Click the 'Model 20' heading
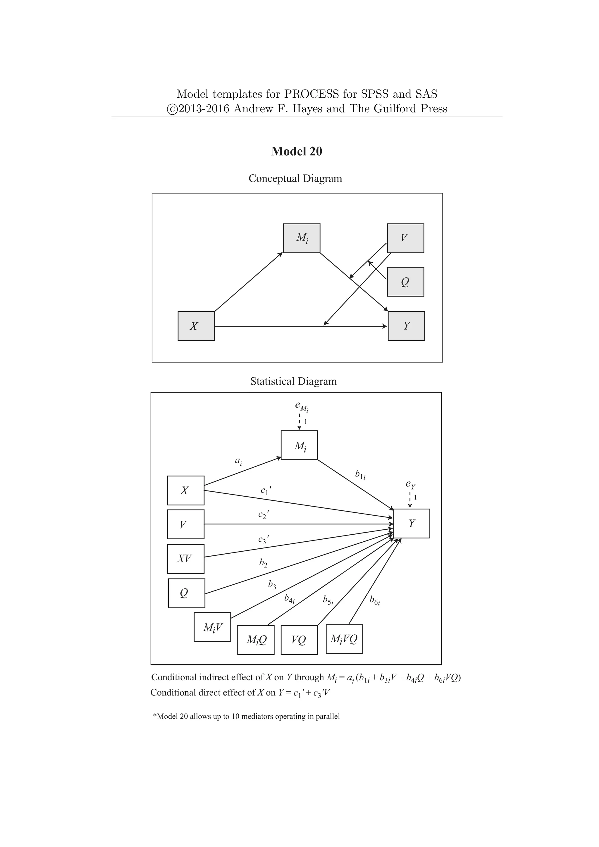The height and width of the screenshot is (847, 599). pyautogui.click(x=297, y=151)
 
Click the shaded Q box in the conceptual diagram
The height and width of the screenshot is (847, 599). pyautogui.click(x=405, y=282)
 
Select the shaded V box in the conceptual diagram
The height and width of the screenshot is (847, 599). pyautogui.click(x=405, y=238)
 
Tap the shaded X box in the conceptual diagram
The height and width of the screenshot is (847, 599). pyautogui.click(x=196, y=326)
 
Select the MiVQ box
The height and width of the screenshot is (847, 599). pyautogui.click(x=344, y=639)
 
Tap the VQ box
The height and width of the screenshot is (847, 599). pyautogui.click(x=299, y=640)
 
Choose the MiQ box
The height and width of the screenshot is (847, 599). pyautogui.click(x=256, y=640)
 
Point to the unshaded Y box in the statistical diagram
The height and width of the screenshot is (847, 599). pyautogui.click(x=411, y=524)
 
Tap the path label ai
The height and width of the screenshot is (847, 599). pyautogui.click(x=238, y=461)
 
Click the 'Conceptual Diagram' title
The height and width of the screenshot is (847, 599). pyautogui.click(x=295, y=178)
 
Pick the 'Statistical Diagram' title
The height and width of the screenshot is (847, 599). pyautogui.click(x=293, y=381)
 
